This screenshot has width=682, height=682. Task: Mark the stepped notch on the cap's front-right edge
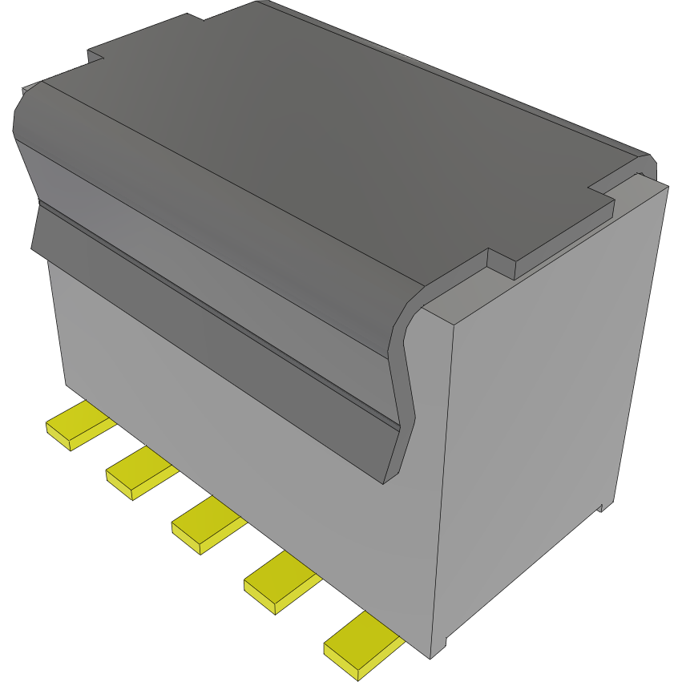(x=501, y=264)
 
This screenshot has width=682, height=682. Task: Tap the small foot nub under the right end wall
(x=600, y=506)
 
